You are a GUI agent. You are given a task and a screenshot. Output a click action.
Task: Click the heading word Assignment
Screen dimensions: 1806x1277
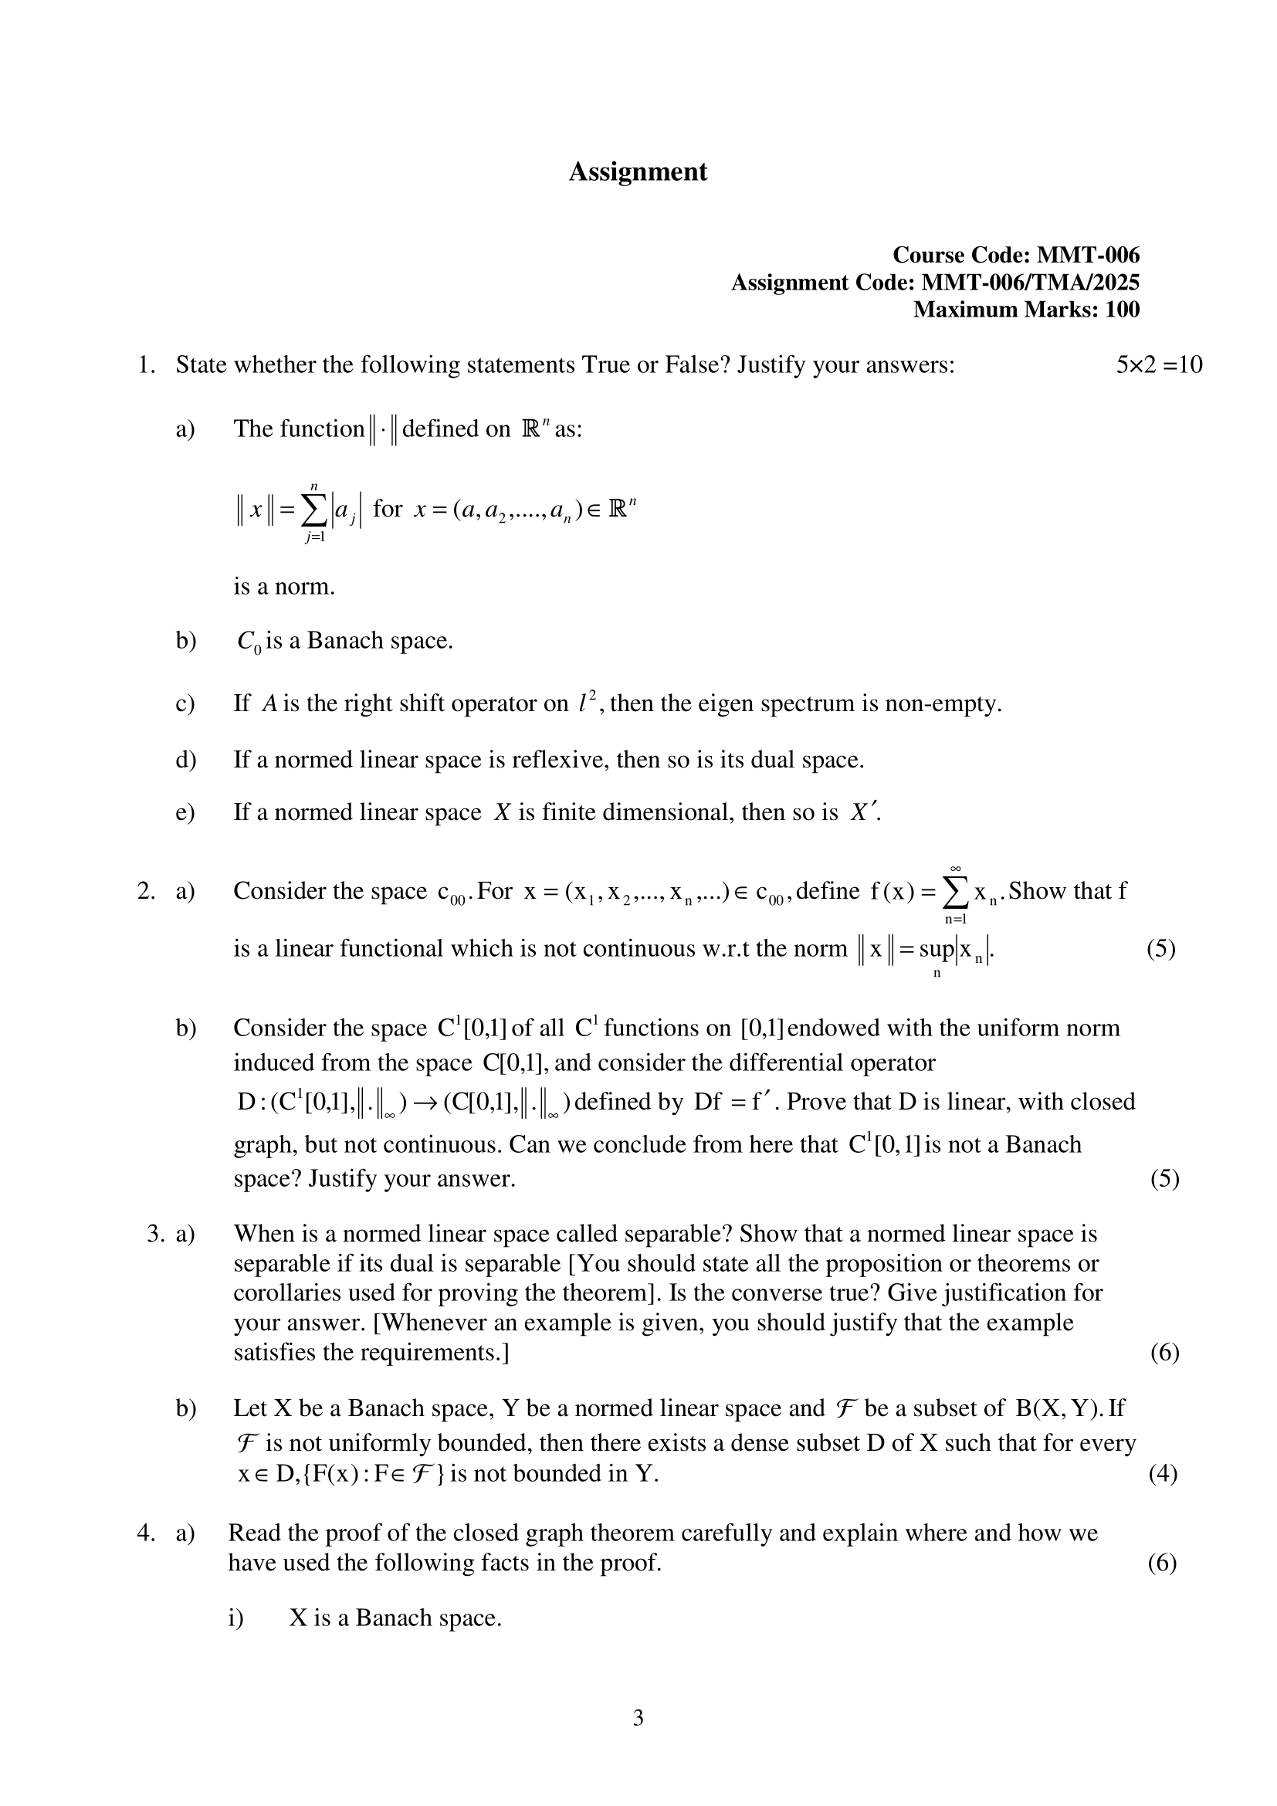click(638, 171)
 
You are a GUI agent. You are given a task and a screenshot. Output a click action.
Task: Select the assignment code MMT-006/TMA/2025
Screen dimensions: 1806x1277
click(1030, 283)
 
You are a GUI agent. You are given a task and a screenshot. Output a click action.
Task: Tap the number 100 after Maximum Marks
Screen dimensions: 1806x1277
click(1122, 309)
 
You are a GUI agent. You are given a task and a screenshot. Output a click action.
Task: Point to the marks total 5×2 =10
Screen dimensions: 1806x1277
click(1158, 365)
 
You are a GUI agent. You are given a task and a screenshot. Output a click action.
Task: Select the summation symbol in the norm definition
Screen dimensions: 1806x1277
click(313, 511)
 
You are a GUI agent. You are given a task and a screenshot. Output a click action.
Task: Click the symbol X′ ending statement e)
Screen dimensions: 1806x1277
click(863, 812)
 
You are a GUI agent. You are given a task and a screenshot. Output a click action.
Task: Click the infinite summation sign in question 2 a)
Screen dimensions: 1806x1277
click(954, 893)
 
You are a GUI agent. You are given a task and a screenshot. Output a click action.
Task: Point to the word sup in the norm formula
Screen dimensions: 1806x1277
click(936, 950)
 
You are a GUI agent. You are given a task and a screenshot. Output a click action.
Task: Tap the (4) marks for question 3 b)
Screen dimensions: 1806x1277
click(1162, 1473)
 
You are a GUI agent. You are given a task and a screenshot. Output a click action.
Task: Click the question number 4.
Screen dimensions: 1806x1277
click(146, 1533)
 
